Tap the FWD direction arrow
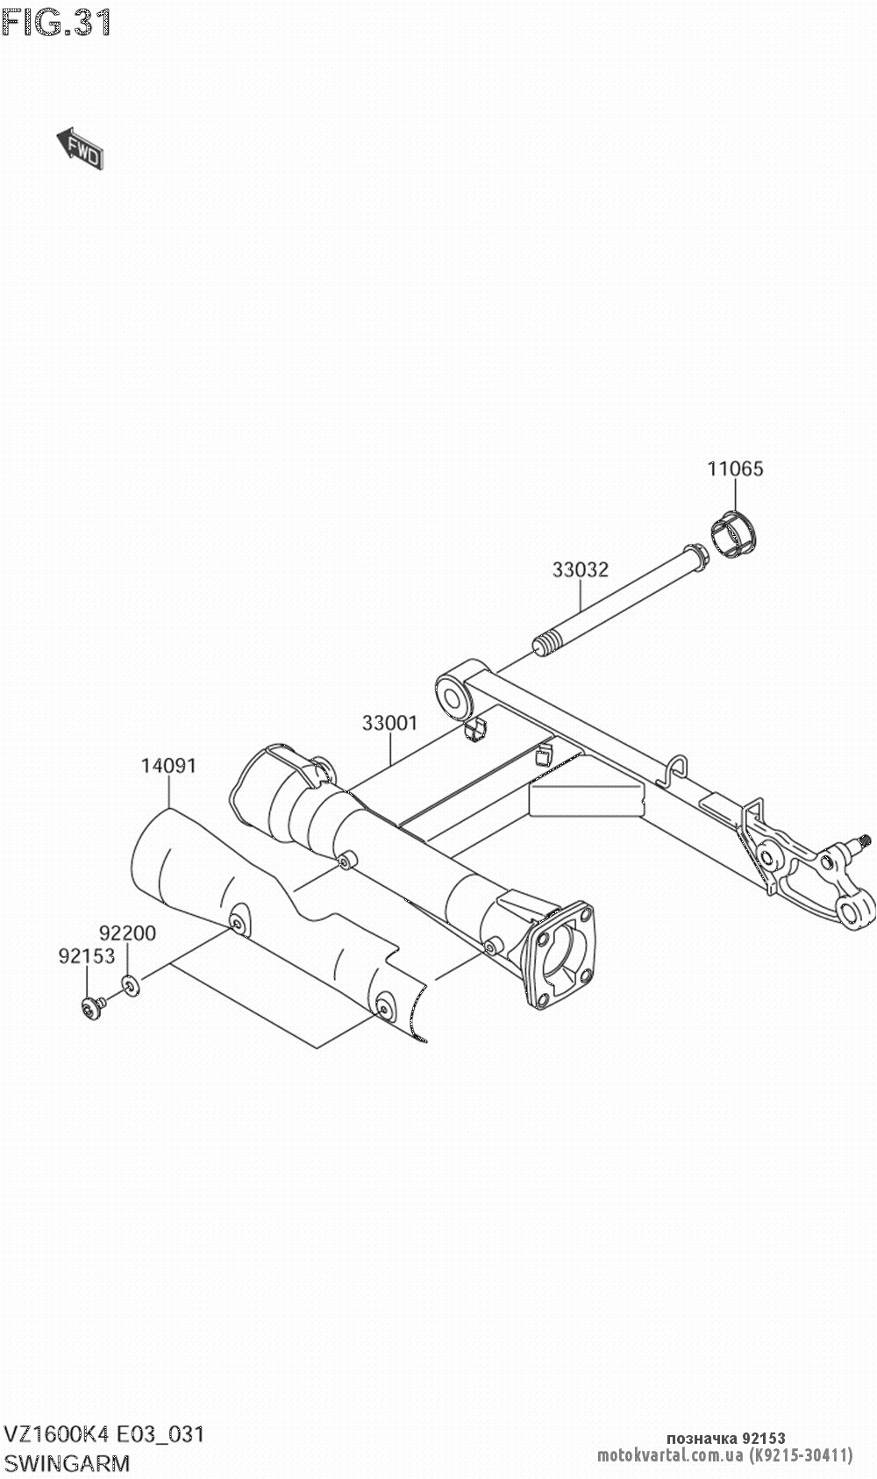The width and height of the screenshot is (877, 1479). pyautogui.click(x=80, y=148)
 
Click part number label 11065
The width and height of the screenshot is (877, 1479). pyautogui.click(x=735, y=468)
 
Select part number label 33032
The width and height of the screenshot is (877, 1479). pyautogui.click(x=580, y=569)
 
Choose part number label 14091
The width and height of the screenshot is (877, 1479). pyautogui.click(x=168, y=766)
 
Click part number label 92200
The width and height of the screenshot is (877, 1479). pyautogui.click(x=127, y=932)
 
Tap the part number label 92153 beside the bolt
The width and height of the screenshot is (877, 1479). pyautogui.click(x=87, y=955)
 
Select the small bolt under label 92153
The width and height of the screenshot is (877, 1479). pyautogui.click(x=91, y=1009)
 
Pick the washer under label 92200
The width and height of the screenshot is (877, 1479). pyautogui.click(x=130, y=987)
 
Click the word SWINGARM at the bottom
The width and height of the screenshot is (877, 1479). pyautogui.click(x=68, y=1462)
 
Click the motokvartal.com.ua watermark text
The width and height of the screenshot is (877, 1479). pyautogui.click(x=670, y=1455)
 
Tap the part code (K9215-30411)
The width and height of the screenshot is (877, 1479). pyautogui.click(x=801, y=1455)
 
